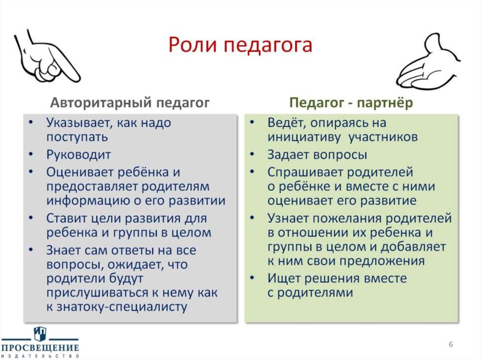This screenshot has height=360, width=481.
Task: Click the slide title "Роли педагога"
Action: pos(240,46)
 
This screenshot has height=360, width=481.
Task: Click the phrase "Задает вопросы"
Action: pos(317,154)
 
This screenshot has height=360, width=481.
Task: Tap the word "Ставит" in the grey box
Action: pos(66,218)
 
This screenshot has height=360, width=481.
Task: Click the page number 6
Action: pos(450,345)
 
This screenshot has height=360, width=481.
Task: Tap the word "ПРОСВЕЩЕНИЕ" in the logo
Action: pos(39,348)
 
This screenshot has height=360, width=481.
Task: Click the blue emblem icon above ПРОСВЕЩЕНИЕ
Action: pos(40,334)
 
